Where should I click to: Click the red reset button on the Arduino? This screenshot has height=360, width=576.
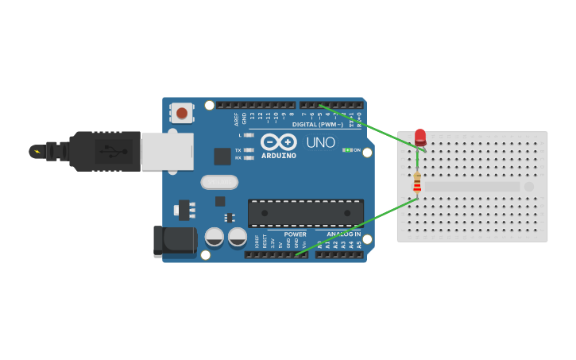182,113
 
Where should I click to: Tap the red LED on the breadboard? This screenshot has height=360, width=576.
420,137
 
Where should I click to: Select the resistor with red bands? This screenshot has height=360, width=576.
417,182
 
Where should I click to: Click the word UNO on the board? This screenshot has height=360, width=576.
320,142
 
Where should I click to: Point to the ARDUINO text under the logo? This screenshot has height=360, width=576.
278,156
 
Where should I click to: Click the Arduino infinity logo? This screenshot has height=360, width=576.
278,141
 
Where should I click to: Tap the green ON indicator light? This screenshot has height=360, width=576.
347,150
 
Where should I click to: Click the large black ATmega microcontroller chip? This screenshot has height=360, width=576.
306,213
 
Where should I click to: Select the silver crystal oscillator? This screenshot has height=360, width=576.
219,182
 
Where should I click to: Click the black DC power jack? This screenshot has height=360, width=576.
174,241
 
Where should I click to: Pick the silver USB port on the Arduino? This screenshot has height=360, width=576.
167,151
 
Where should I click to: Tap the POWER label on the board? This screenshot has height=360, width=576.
295,234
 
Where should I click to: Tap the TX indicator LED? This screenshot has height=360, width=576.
249,149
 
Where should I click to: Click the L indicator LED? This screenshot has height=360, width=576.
249,135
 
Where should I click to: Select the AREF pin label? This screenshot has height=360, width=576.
236,119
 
